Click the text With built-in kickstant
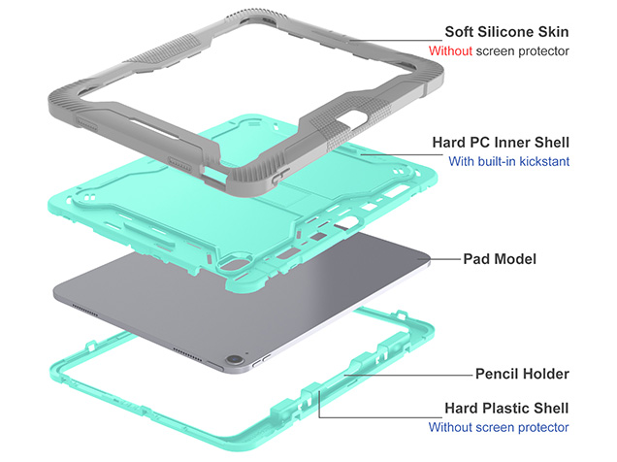tap(508, 162)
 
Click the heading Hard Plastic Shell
tap(506, 408)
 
